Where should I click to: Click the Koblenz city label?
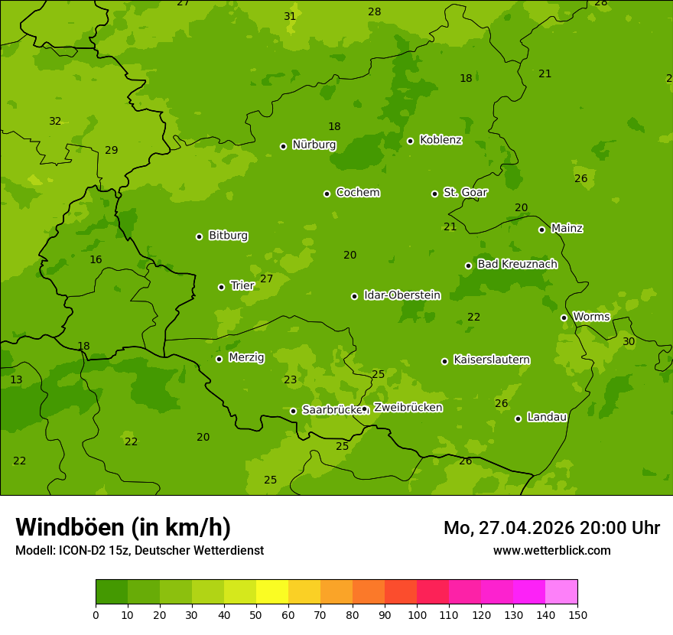click(441, 140)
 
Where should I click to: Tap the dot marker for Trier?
click(222, 287)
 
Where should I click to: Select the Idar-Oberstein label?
click(402, 295)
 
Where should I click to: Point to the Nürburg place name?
click(314, 145)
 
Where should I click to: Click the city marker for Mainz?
click(541, 230)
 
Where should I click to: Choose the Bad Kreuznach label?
click(517, 264)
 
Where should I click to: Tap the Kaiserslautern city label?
click(492, 360)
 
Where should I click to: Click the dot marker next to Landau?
click(518, 418)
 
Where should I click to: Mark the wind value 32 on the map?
click(55, 121)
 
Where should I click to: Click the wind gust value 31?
click(290, 16)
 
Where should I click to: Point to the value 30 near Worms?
click(629, 341)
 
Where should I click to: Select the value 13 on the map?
click(16, 379)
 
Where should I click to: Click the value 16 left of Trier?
click(96, 259)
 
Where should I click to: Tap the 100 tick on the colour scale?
click(417, 614)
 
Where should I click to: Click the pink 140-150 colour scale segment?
click(561, 591)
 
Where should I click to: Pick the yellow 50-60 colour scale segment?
click(272, 591)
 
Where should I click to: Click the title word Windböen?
click(70, 527)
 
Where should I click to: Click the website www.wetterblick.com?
click(551, 550)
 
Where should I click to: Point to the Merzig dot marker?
click(219, 359)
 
